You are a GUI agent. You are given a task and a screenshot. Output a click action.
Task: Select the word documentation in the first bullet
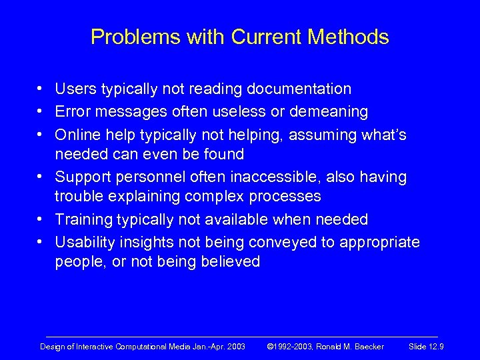click(299, 89)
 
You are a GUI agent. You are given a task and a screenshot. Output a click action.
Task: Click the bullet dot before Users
click(41, 89)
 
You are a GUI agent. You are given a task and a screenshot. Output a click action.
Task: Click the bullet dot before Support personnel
click(41, 177)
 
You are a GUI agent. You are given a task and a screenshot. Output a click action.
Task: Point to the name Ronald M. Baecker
click(351, 346)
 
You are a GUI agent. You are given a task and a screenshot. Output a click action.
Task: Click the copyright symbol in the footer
click(270, 346)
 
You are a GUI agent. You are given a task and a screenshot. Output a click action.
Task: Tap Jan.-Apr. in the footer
click(205, 346)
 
